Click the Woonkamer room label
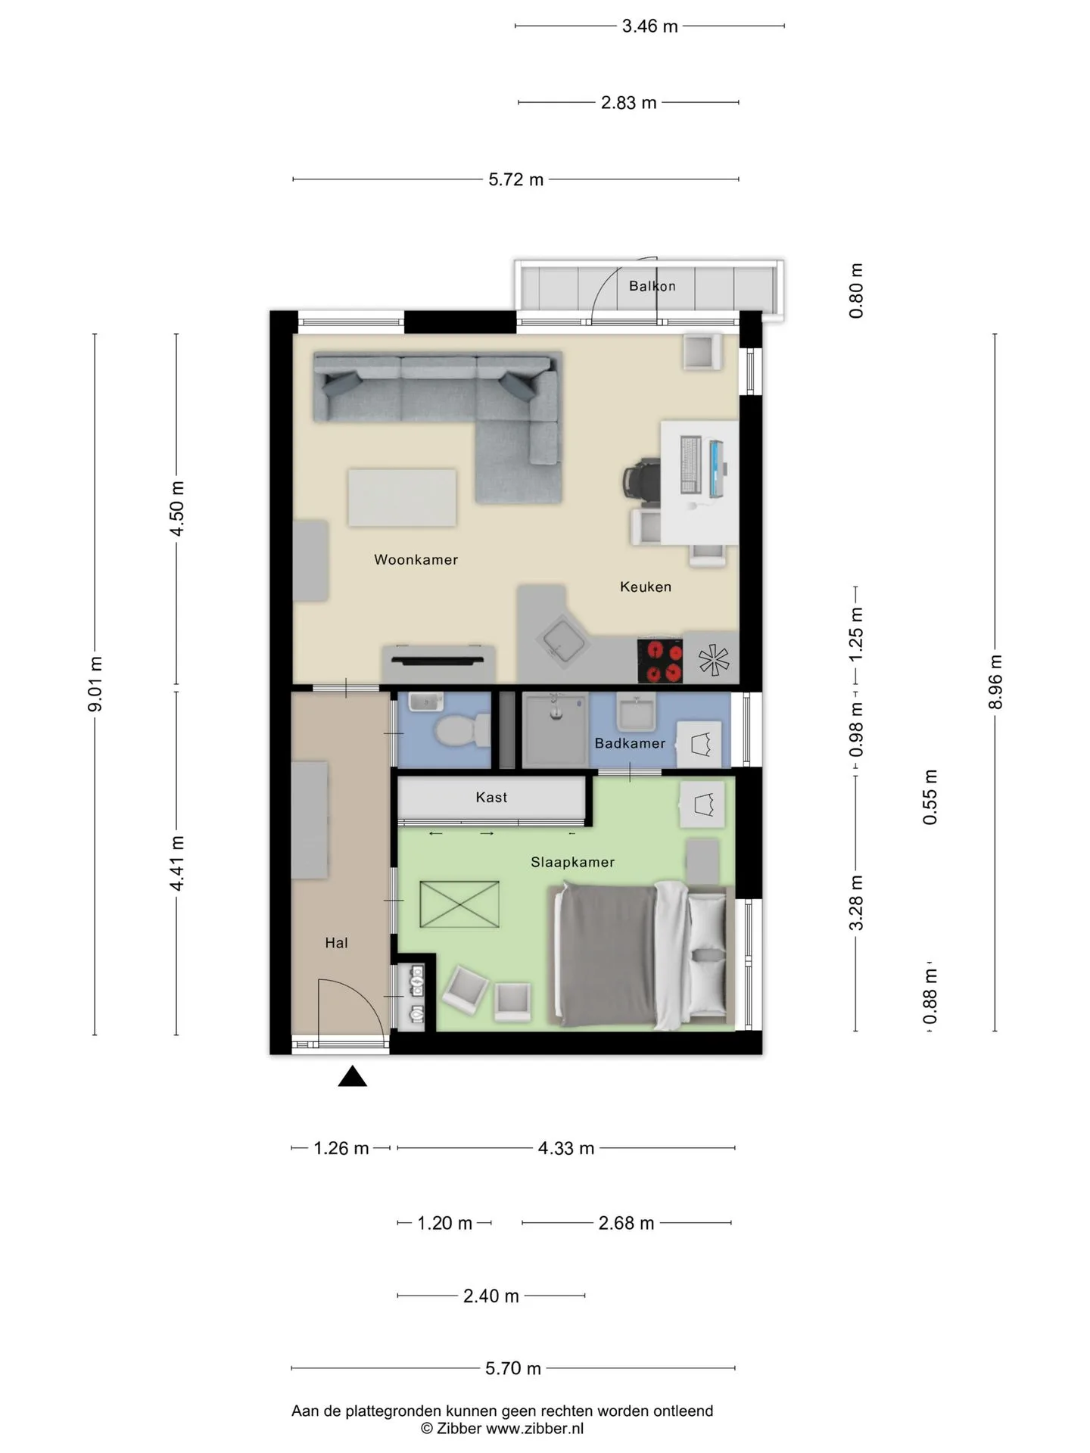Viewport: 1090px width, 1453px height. coord(416,560)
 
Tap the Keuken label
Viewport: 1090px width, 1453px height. coord(645,586)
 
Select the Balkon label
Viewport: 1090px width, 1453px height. coord(652,286)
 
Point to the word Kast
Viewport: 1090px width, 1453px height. coord(491,797)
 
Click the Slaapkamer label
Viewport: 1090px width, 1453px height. coord(572,862)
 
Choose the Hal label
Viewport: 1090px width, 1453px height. coord(336,943)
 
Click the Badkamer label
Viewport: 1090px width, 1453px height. coord(630,743)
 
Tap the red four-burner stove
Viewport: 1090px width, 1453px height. coord(660,661)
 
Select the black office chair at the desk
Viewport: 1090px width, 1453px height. coord(640,481)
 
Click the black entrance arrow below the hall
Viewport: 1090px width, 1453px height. coord(352,1076)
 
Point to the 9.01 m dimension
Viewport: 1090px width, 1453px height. coord(95,684)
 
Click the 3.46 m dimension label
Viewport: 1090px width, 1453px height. coord(649,26)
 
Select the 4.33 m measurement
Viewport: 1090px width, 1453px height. coord(565,1148)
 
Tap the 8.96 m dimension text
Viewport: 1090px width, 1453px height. coord(995,682)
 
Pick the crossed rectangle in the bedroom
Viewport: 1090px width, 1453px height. coord(459,904)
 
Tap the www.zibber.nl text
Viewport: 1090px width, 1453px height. coord(534,1429)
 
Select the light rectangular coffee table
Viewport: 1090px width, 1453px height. coord(402,498)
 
